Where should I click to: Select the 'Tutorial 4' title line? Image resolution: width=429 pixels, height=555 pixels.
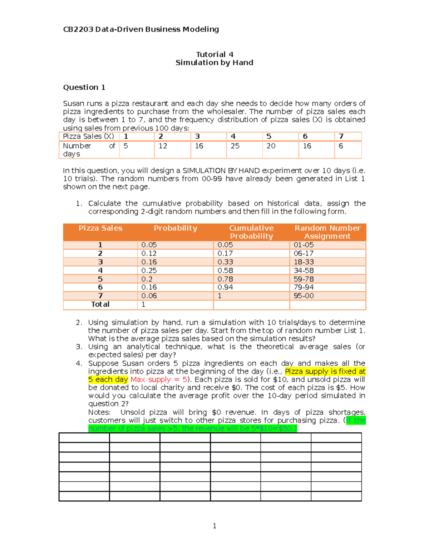214,54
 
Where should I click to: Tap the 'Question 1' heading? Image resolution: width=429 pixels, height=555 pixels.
84,87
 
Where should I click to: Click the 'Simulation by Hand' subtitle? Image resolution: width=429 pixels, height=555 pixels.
214,63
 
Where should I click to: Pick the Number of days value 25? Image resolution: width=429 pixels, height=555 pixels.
235,146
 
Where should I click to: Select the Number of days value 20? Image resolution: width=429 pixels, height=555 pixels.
271,146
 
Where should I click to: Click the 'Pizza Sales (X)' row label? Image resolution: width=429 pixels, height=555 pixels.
88,136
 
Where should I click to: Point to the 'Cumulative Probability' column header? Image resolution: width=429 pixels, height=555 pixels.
251,232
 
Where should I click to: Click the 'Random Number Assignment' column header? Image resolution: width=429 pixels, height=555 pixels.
327,232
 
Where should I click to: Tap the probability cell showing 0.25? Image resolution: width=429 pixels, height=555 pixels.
149,271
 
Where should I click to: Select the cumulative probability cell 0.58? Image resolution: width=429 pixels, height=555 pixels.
225,271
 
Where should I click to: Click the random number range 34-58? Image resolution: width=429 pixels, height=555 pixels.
304,271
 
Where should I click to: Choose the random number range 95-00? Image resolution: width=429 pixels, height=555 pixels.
304,296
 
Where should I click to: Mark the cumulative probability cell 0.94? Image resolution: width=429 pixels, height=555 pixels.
225,287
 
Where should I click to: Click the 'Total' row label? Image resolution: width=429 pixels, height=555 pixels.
100,304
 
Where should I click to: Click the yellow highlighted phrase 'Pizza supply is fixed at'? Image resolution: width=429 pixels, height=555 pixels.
325,371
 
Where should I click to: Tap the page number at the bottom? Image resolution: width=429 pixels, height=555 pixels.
214,526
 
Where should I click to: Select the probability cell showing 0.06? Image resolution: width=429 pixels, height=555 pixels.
149,296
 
